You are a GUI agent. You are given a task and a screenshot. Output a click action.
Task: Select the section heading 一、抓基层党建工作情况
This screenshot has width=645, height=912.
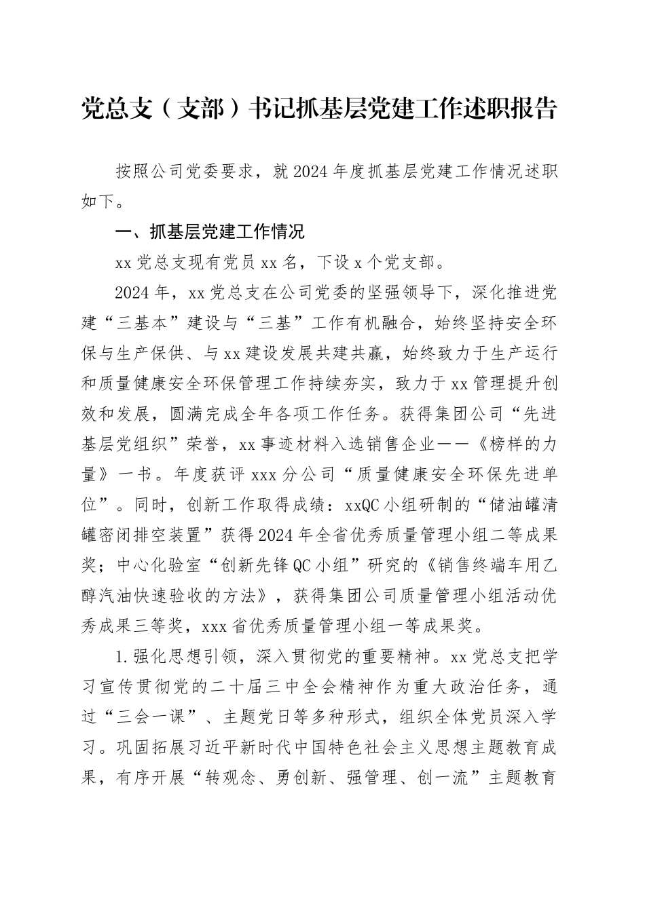(x=210, y=233)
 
